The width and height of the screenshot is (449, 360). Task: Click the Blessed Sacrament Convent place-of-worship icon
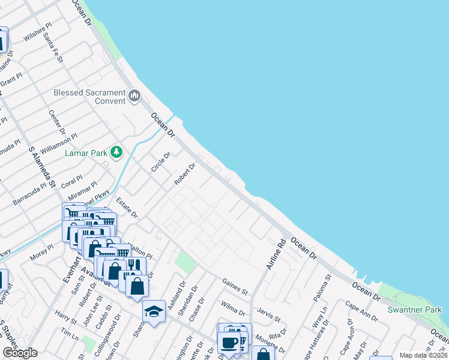tap(134, 95)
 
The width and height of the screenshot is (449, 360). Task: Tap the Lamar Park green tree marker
tap(116, 152)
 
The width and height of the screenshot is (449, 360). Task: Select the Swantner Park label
tap(414, 310)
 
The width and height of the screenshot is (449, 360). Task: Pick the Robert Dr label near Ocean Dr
tap(185, 174)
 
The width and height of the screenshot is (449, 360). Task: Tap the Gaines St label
tap(235, 286)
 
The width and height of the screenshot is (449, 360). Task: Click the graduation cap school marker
tap(154, 311)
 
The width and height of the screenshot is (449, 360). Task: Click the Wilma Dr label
tap(233, 308)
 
